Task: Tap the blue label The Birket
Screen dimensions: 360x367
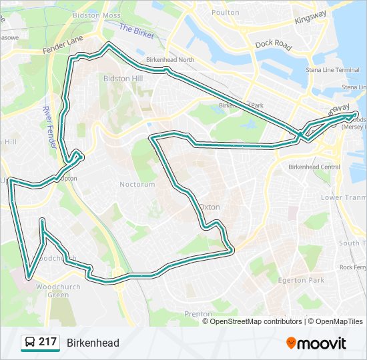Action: point(136,30)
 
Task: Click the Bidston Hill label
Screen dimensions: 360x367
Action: point(123,78)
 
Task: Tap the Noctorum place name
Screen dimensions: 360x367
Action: point(137,185)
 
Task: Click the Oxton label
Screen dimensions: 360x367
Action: point(209,207)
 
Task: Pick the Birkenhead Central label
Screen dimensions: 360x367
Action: point(314,167)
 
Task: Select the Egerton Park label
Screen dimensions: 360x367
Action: point(302,281)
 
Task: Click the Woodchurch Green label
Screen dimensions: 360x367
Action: point(53,290)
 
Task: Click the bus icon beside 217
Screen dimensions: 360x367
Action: point(29,343)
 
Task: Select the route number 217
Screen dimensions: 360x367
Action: point(47,342)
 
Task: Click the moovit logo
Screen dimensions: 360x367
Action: point(316,343)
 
